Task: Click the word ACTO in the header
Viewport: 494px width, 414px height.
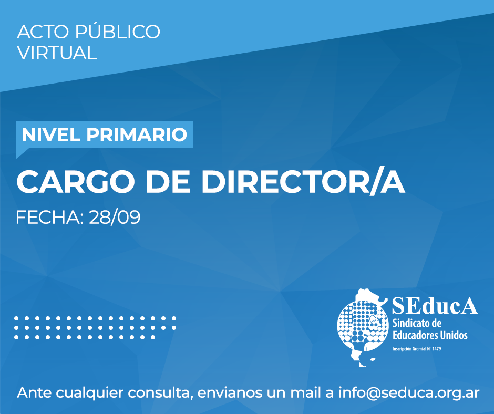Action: (43, 32)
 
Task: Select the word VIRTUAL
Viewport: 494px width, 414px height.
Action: (57, 53)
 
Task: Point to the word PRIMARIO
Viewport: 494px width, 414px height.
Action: (137, 134)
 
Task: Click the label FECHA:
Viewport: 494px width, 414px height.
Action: (50, 217)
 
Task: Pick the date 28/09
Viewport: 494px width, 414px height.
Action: (115, 217)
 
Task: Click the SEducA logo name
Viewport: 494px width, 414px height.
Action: (435, 305)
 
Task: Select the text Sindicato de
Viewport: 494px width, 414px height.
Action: (417, 323)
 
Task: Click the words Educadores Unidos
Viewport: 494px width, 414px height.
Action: (430, 335)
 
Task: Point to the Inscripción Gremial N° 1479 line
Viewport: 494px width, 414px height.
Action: (417, 349)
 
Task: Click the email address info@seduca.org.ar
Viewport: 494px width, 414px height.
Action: (409, 393)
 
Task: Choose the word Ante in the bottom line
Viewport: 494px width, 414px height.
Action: (34, 393)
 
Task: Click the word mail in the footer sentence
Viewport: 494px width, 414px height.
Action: (307, 392)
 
